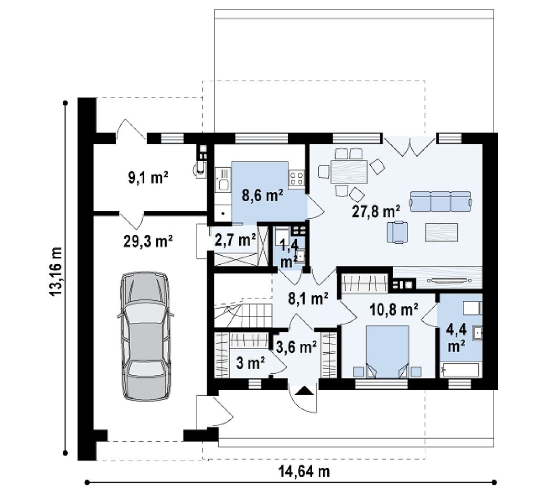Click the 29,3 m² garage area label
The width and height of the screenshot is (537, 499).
147,241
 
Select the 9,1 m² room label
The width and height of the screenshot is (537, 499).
148,178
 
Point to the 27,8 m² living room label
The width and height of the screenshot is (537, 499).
376,212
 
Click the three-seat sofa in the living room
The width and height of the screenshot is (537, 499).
440,202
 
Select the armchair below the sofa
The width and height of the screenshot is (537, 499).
398,232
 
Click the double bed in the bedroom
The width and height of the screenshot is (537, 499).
388,352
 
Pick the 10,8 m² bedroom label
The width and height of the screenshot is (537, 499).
393,310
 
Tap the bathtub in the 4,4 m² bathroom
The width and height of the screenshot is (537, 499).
461,370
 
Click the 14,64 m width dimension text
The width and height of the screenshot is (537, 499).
304,471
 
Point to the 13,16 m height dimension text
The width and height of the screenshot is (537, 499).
56,272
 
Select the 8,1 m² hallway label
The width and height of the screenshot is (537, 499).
308,298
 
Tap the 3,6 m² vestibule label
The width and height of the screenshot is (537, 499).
297,347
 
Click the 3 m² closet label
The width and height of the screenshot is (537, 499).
250,363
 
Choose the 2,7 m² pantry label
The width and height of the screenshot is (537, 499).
235,240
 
